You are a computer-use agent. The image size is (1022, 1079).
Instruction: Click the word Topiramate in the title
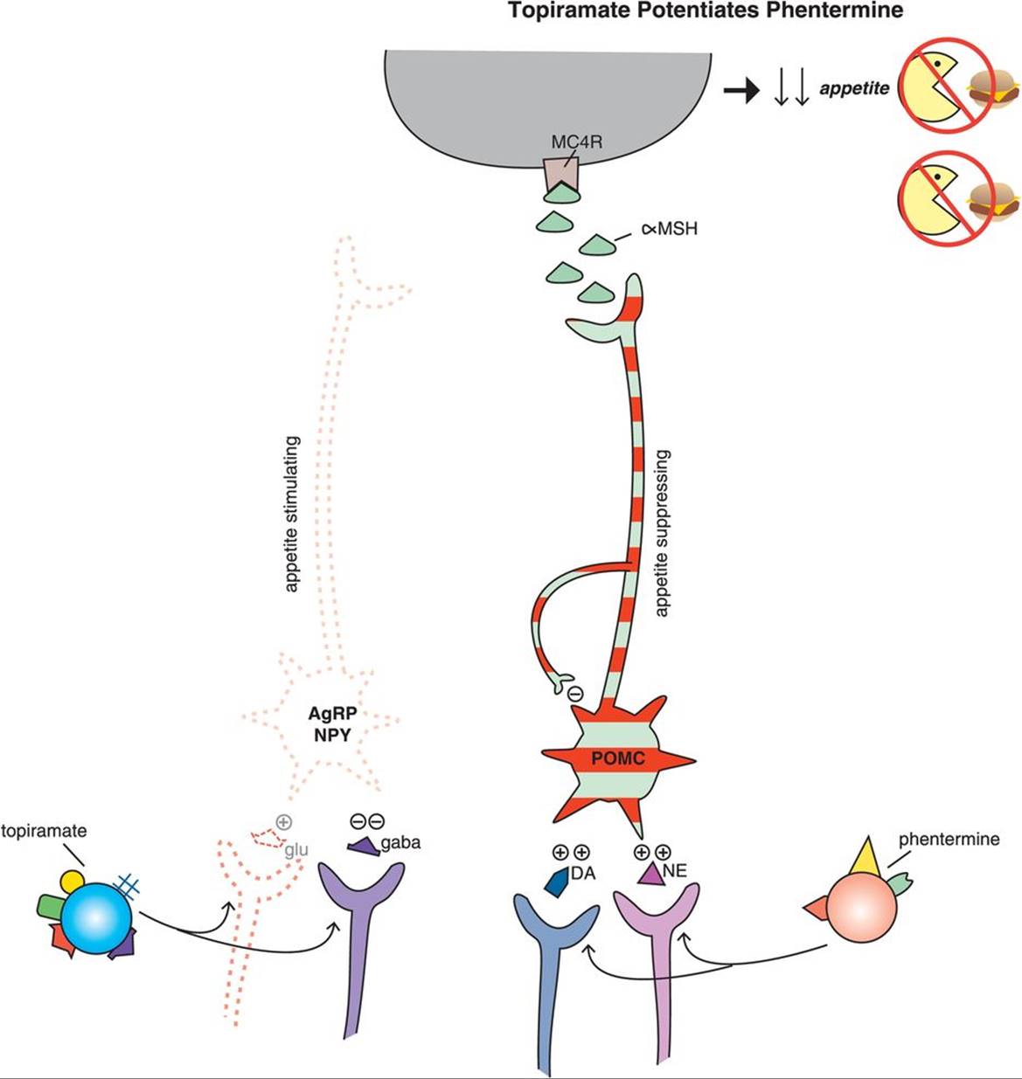tap(557, 11)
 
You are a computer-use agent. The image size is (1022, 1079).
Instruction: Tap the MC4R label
tap(576, 141)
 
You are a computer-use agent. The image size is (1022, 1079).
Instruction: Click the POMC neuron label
tap(617, 757)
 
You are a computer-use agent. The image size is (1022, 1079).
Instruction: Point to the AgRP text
tap(331, 713)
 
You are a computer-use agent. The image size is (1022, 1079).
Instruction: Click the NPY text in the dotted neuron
tap(331, 735)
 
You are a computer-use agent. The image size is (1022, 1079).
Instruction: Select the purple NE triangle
tap(650, 875)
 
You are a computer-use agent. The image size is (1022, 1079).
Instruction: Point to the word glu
tap(295, 849)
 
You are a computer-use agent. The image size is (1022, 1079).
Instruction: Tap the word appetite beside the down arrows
tap(854, 88)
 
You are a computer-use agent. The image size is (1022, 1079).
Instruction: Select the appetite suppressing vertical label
tap(662, 533)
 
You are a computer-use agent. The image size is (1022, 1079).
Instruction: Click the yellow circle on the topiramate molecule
tap(71, 881)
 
